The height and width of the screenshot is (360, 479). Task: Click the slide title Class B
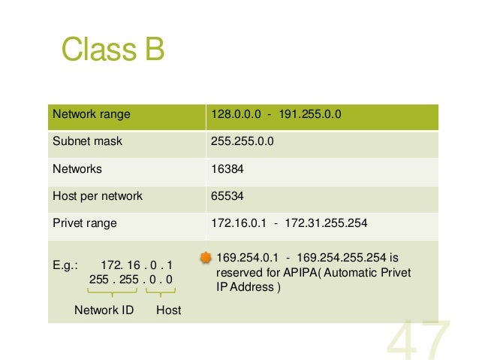(x=113, y=51)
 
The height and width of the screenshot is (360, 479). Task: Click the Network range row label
(x=91, y=115)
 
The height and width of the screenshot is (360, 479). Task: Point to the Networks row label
(x=77, y=169)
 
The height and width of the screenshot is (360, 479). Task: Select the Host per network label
(x=97, y=196)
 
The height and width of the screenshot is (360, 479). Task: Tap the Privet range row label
(x=84, y=223)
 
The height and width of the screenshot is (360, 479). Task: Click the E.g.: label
(x=65, y=265)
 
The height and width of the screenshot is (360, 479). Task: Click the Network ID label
(x=104, y=309)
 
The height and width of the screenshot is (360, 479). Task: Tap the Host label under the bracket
(x=168, y=309)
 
